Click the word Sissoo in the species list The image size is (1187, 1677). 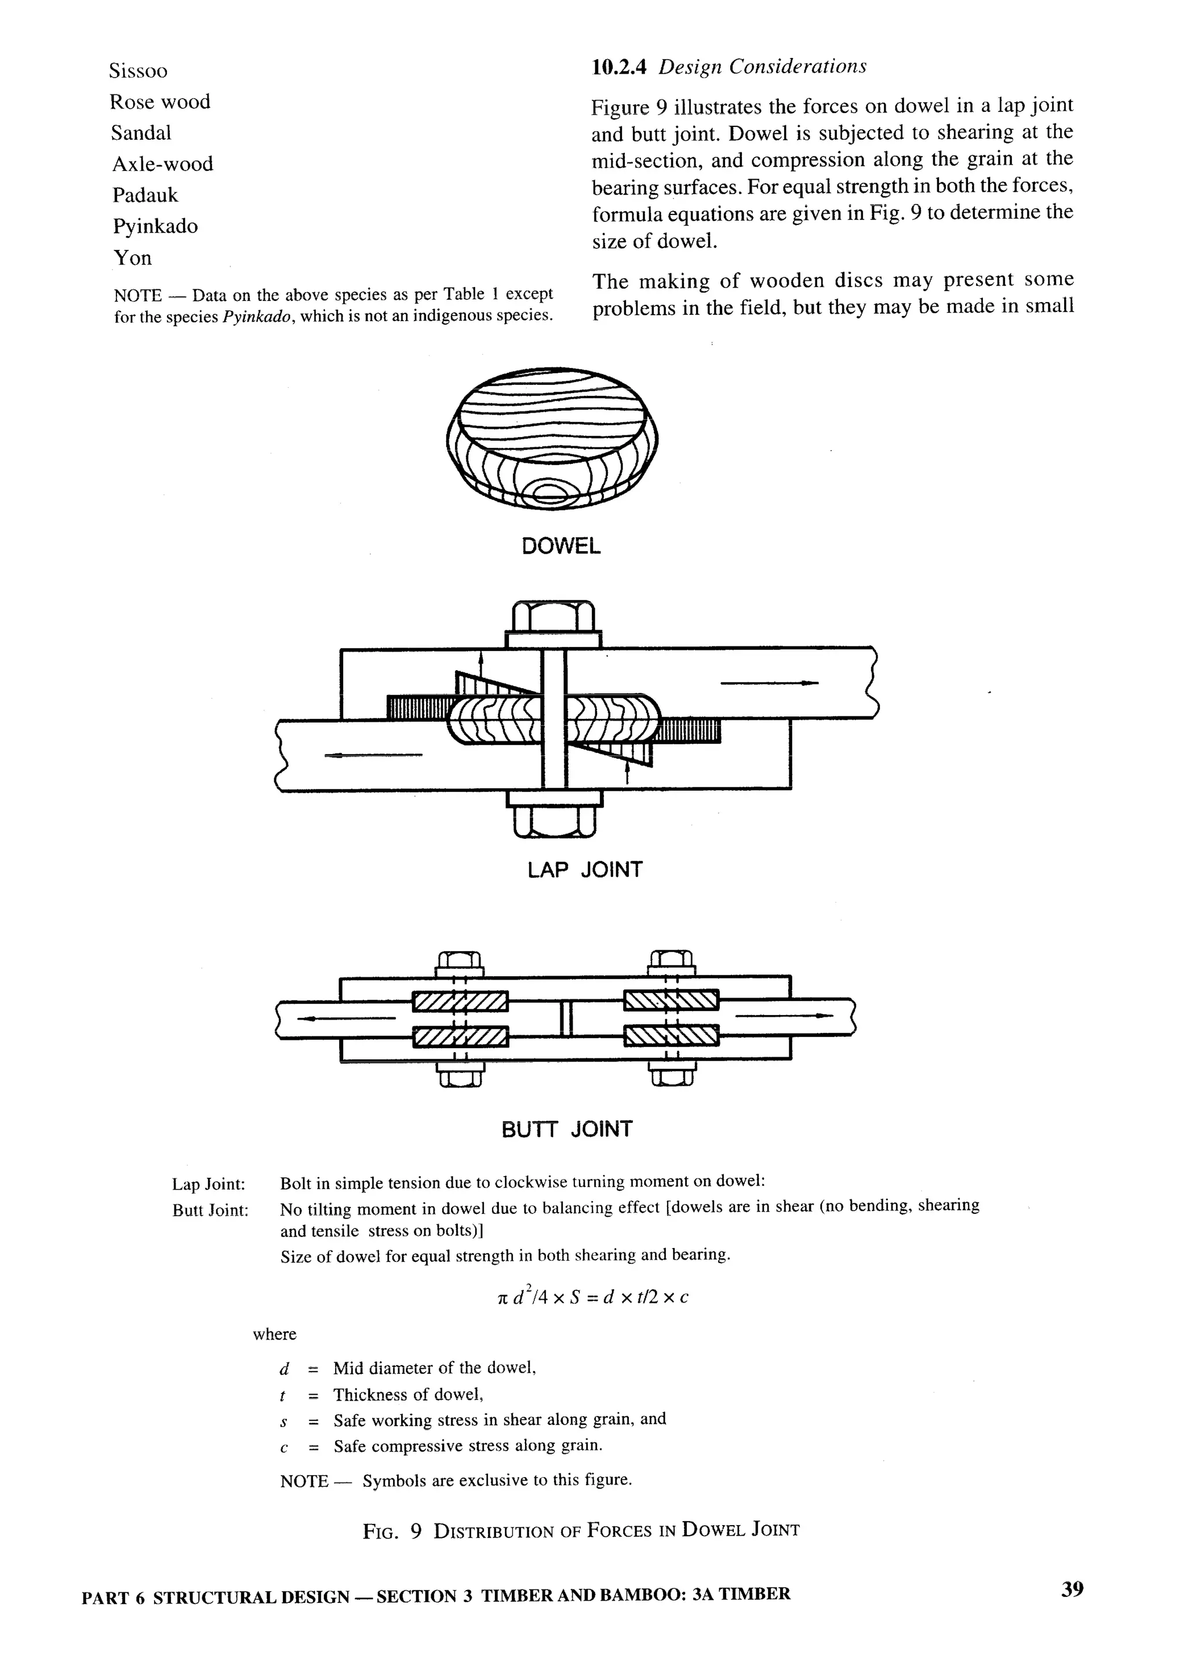138,71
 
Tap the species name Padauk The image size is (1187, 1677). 145,195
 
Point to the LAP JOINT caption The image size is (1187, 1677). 585,870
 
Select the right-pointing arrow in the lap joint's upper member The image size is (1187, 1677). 769,683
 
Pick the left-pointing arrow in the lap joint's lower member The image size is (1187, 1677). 373,755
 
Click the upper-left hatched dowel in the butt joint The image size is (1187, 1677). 460,1001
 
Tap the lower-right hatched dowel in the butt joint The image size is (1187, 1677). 671,1035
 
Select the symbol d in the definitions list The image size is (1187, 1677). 285,1369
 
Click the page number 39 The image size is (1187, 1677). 1072,1589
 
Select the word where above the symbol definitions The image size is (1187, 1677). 274,1334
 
